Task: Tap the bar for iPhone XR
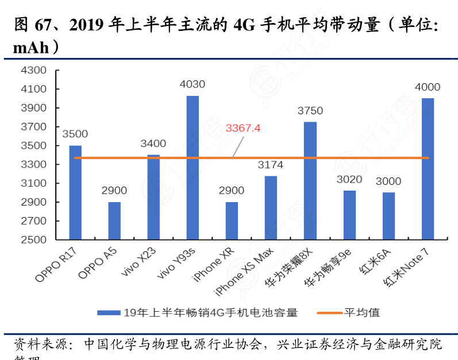point(232,220)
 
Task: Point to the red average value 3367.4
point(243,127)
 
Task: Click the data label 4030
point(193,84)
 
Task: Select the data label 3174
point(271,165)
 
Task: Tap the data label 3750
point(310,111)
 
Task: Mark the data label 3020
point(349,180)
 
